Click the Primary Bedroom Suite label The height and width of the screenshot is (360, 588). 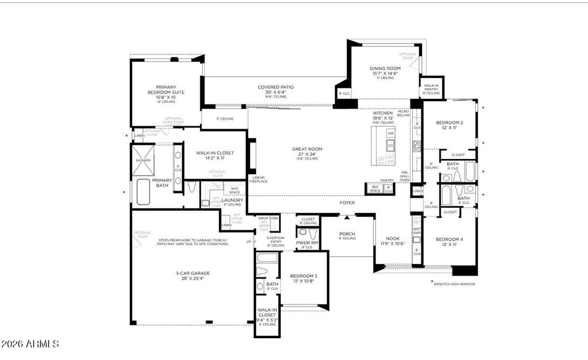click(x=166, y=90)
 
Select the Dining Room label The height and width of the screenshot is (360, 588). click(x=385, y=68)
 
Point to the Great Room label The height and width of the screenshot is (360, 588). click(x=307, y=149)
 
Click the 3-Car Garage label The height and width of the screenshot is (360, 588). click(x=192, y=273)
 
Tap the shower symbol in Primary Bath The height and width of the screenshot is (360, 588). click(x=143, y=154)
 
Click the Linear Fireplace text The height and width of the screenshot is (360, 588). click(x=259, y=180)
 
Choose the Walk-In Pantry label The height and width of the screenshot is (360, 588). click(x=431, y=87)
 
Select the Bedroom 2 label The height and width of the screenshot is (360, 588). click(x=449, y=123)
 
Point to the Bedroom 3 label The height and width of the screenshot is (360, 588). click(x=303, y=276)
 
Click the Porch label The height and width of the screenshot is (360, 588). click(x=347, y=234)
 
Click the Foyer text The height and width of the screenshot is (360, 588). click(x=347, y=203)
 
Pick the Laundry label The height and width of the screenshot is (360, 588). click(x=232, y=200)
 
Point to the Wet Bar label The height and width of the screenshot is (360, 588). click(x=417, y=231)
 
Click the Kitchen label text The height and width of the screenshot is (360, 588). click(x=382, y=113)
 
